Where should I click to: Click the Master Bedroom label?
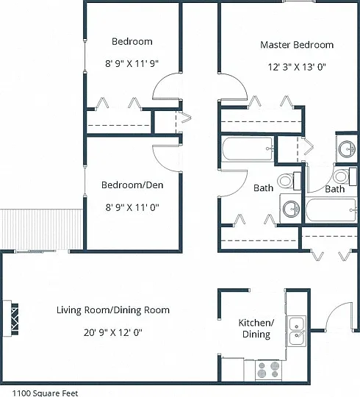(297, 45)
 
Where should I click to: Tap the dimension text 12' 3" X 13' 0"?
(297, 67)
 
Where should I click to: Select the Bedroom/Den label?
(132, 185)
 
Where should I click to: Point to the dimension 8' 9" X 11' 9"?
(132, 63)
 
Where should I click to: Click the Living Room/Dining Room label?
(113, 310)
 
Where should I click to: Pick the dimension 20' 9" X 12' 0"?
(113, 332)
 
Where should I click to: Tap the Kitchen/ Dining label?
(256, 329)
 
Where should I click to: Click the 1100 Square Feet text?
(45, 393)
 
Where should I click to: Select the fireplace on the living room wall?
(10, 318)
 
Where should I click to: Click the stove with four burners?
(268, 370)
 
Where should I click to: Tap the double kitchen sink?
(296, 331)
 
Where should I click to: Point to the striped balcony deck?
(41, 229)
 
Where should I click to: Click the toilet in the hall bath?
(289, 181)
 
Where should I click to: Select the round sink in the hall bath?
(291, 209)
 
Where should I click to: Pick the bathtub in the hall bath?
(248, 149)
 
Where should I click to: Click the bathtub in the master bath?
(331, 210)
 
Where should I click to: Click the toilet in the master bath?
(345, 176)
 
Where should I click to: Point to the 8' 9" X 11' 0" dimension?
(132, 207)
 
